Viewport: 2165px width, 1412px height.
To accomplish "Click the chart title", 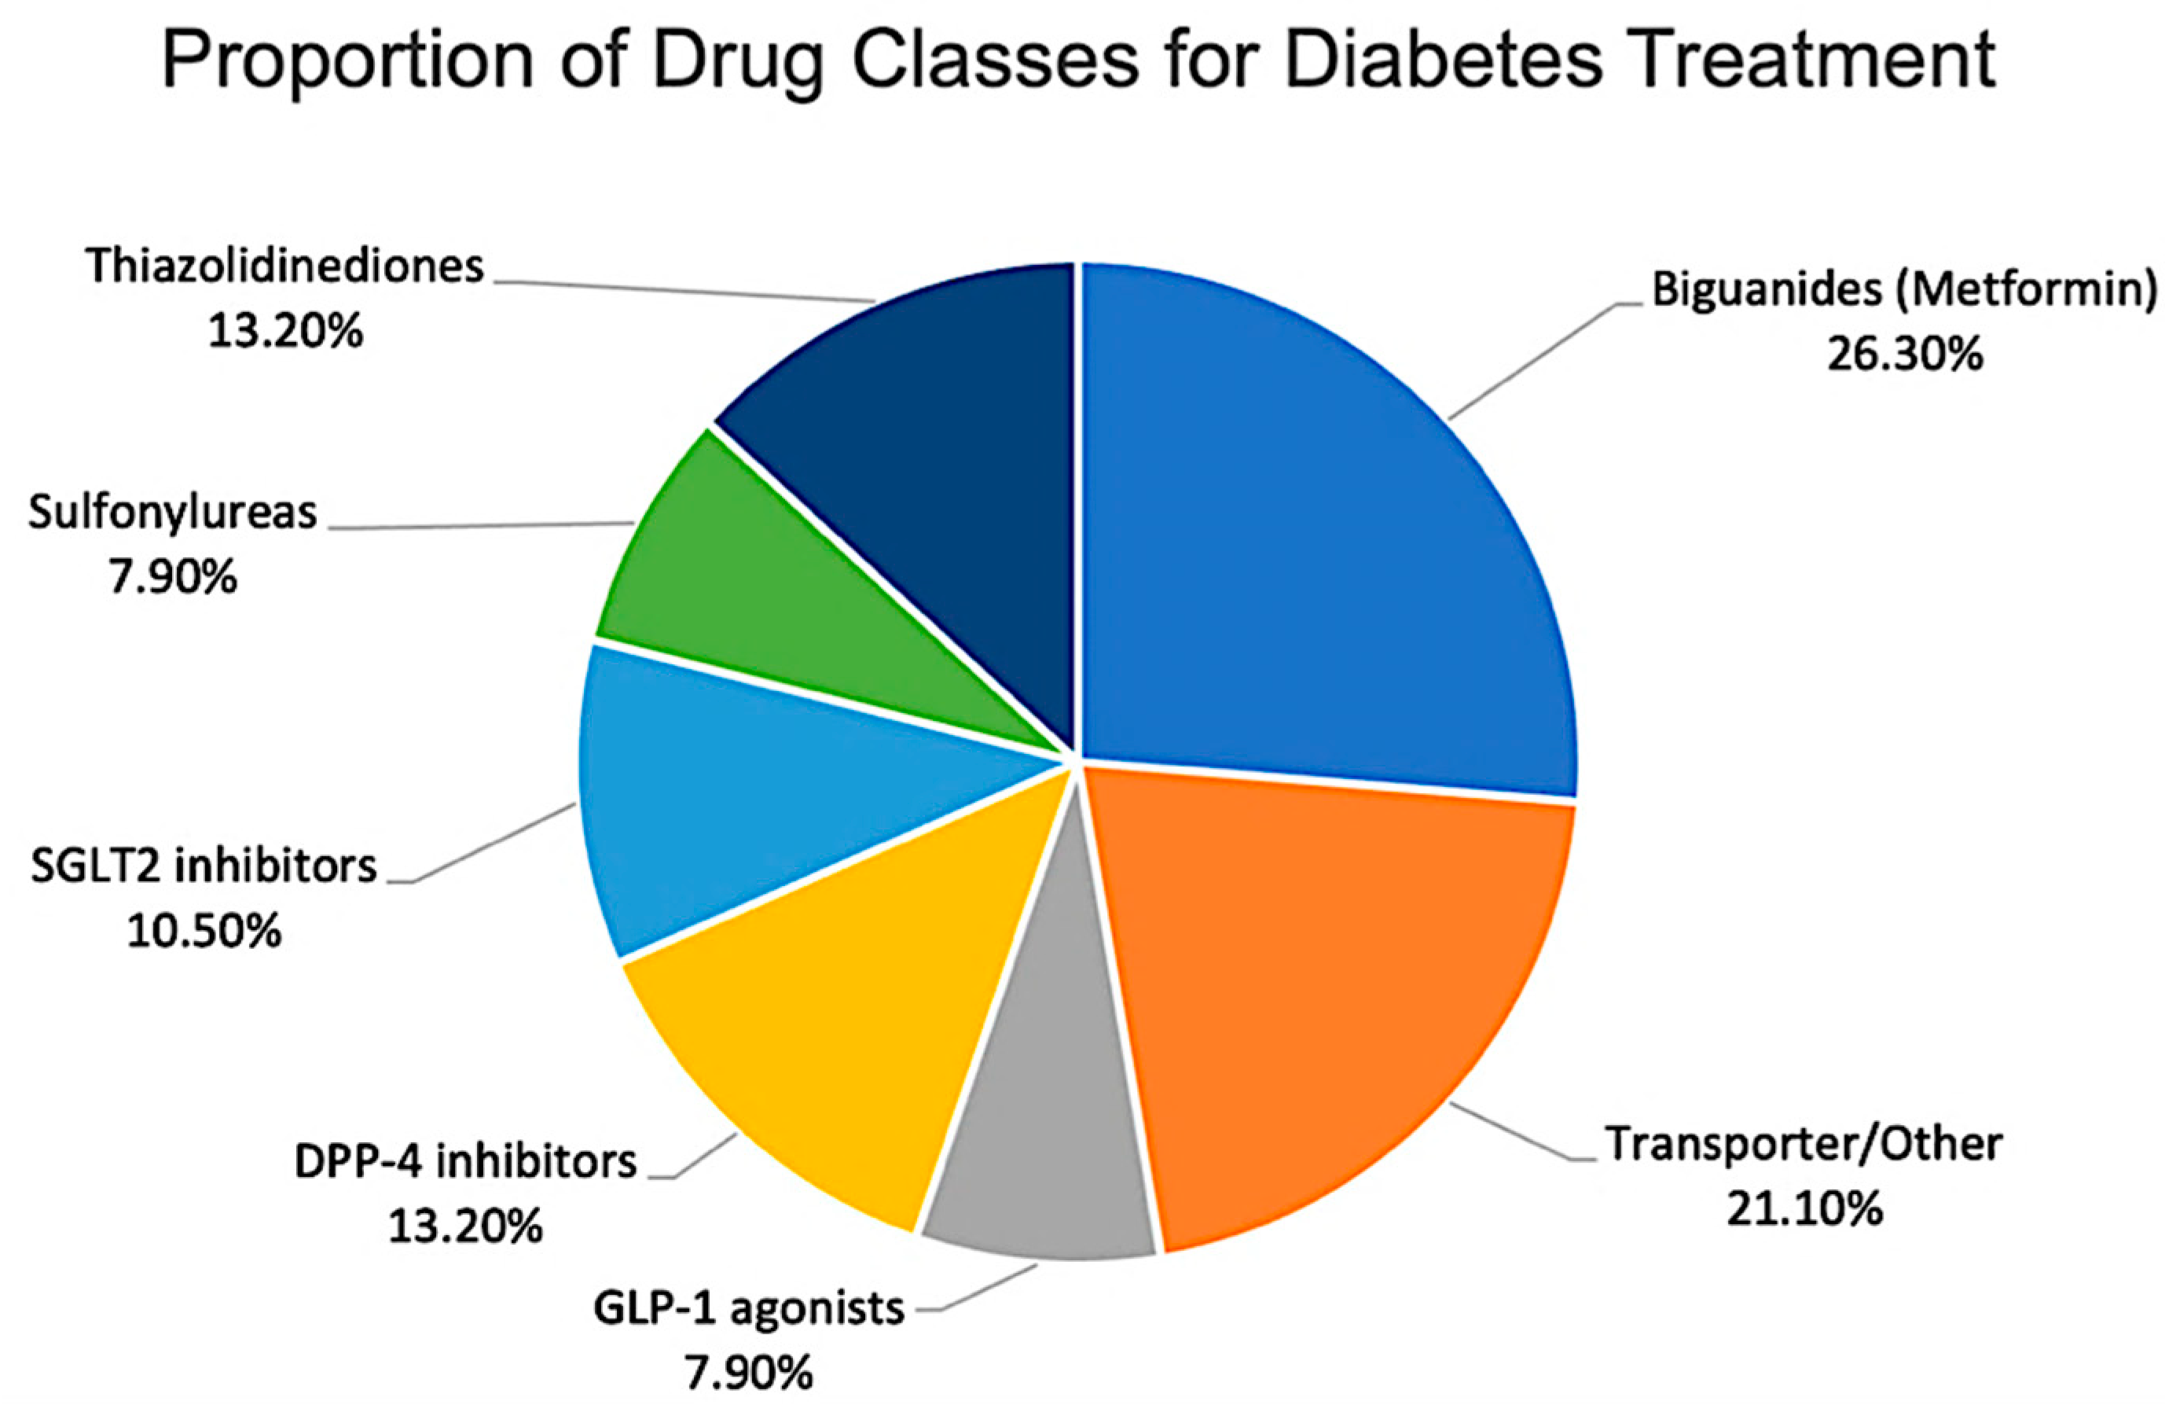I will (1079, 60).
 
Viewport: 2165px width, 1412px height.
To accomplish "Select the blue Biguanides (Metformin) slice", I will (1328, 546).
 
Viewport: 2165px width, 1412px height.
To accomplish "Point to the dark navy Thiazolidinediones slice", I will (928, 436).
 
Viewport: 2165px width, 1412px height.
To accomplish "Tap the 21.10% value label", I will (1804, 1210).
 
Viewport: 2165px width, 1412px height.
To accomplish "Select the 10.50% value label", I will (204, 932).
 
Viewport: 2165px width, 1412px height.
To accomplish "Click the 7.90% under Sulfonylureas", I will (173, 578).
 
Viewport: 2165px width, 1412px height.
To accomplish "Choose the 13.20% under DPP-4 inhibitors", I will (465, 1227).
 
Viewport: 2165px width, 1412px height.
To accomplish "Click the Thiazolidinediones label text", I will (284, 267).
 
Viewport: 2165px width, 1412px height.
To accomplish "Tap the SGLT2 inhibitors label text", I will (204, 866).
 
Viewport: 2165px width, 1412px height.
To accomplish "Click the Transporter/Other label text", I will (1804, 1145).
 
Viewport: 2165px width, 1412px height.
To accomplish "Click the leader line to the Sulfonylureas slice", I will (483, 526).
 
